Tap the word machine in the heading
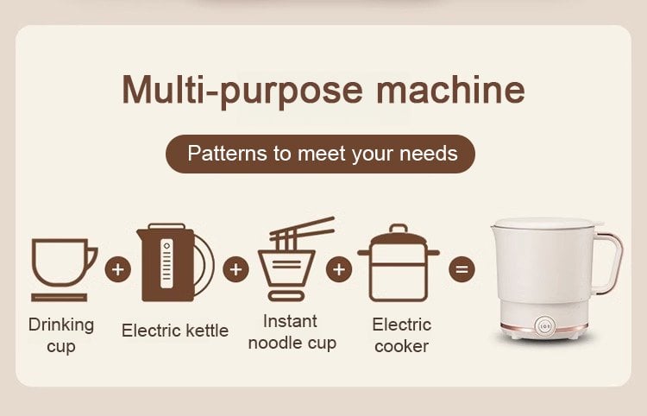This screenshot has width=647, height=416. click(450, 89)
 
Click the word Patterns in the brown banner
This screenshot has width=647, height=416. click(227, 154)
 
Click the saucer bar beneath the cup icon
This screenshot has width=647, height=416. click(60, 298)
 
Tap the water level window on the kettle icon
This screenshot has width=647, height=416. click(166, 263)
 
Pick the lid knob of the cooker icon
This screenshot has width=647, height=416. click(399, 229)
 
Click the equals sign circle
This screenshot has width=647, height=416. click(462, 269)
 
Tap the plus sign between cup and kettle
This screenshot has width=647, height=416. click(118, 269)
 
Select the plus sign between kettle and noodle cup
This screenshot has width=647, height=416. click(236, 269)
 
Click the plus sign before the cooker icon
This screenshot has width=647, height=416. click(339, 269)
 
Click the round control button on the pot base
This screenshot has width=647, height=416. click(544, 326)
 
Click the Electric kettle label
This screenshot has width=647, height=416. click(175, 331)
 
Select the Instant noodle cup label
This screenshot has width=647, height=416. click(292, 332)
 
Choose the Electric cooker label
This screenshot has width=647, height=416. click(401, 336)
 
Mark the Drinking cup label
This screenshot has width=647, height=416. click(61, 336)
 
